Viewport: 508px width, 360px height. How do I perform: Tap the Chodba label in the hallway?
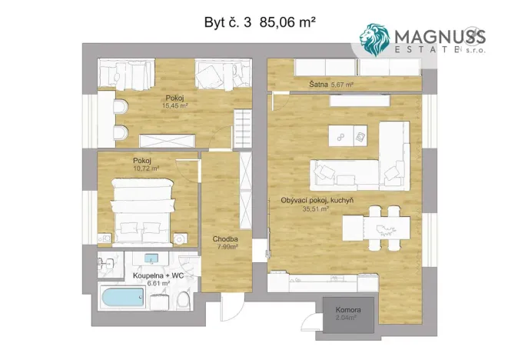(225, 239)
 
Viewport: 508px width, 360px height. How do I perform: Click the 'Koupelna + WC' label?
(157, 275)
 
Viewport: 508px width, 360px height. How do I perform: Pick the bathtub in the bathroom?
(124, 298)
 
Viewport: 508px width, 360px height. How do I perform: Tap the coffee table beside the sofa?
(349, 135)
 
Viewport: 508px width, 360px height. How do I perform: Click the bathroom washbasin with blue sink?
(150, 259)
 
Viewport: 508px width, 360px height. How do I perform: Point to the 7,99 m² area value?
(225, 247)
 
